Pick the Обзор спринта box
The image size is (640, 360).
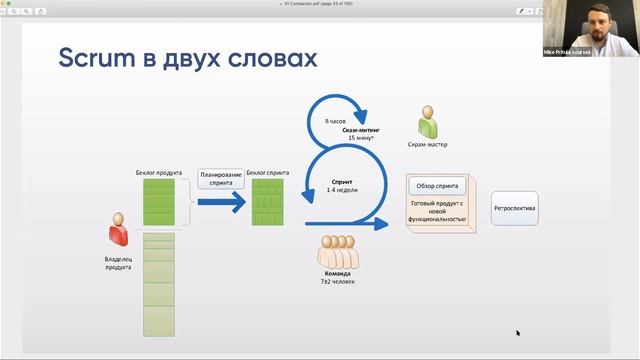coord(439,186)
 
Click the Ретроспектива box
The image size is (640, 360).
coord(515,209)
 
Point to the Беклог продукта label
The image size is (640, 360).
coord(159,172)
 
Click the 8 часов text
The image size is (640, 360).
coord(335,122)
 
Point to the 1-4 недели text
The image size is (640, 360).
coord(344,190)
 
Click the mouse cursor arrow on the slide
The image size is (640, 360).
coord(518,333)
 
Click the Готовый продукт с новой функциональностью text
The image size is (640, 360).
coord(438,211)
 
